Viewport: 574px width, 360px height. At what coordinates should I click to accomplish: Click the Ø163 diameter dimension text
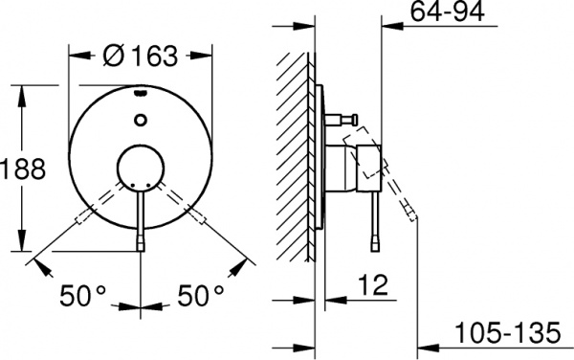pos(141,56)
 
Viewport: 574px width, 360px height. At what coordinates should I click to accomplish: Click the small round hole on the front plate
pos(142,120)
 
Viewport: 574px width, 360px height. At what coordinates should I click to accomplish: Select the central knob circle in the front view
pos(141,172)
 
